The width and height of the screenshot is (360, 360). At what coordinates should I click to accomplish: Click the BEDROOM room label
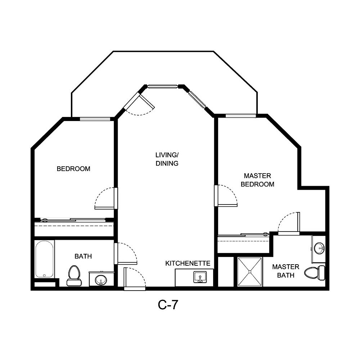73,168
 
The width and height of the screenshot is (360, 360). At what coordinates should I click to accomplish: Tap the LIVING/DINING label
167,159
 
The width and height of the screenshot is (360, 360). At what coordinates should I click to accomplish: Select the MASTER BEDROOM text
257,180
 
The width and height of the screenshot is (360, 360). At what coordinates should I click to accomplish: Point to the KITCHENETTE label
188,264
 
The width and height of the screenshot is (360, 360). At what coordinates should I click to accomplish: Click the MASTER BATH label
285,271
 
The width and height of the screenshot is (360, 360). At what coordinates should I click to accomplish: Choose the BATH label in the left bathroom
83,256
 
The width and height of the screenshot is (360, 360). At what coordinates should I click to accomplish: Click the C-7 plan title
168,305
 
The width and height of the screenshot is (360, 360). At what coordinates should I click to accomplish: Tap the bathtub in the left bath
44,259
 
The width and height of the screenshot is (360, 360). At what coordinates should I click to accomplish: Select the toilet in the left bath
73,275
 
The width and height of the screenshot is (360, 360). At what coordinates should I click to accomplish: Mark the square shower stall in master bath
249,272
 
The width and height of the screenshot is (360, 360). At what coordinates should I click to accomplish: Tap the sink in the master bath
319,248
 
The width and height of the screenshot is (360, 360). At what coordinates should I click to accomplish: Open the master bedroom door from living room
226,196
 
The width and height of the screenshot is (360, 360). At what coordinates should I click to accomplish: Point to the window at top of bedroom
95,119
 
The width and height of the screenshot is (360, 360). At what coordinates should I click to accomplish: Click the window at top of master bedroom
240,116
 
